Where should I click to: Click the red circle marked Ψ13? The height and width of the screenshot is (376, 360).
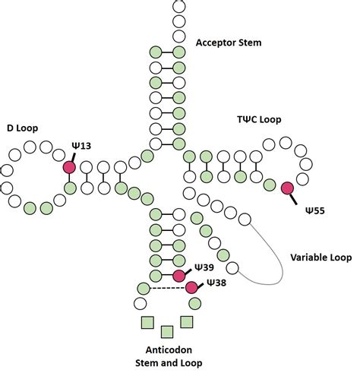pyautogui.click(x=70, y=167)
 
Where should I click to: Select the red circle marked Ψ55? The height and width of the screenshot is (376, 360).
pyautogui.click(x=287, y=188)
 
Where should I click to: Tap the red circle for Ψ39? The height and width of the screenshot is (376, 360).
pyautogui.click(x=179, y=275)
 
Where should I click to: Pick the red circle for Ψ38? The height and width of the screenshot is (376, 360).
pyautogui.click(x=191, y=288)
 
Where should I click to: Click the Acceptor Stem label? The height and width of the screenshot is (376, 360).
pyautogui.click(x=229, y=43)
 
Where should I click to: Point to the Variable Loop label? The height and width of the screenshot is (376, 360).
pyautogui.click(x=321, y=258)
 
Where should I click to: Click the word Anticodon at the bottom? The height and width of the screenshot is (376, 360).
pyautogui.click(x=168, y=350)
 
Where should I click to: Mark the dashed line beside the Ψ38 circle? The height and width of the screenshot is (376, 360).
pyautogui.click(x=166, y=288)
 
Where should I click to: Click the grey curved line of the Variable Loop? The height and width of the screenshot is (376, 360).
pyautogui.click(x=280, y=251)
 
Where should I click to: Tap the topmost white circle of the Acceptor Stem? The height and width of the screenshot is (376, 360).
pyautogui.click(x=179, y=5)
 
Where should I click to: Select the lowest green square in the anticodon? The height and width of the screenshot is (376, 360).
pyautogui.click(x=167, y=331)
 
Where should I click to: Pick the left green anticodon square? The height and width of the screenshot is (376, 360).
pyautogui.click(x=147, y=322)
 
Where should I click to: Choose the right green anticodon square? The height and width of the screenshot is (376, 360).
pyautogui.click(x=187, y=322)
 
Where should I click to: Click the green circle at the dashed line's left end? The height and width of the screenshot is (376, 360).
pyautogui.click(x=143, y=288)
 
